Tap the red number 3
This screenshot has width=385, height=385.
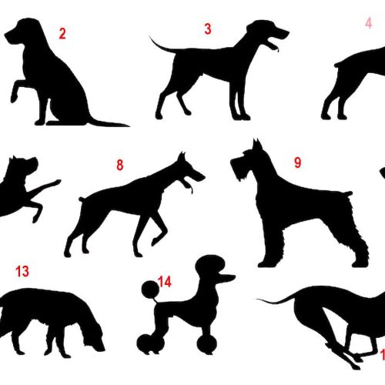point(207,30)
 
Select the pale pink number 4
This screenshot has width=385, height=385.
point(369,23)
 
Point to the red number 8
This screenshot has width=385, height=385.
point(119,165)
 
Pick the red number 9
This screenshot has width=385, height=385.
point(297,162)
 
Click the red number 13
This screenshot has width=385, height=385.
point(22,271)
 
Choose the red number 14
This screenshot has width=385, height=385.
point(165,282)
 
